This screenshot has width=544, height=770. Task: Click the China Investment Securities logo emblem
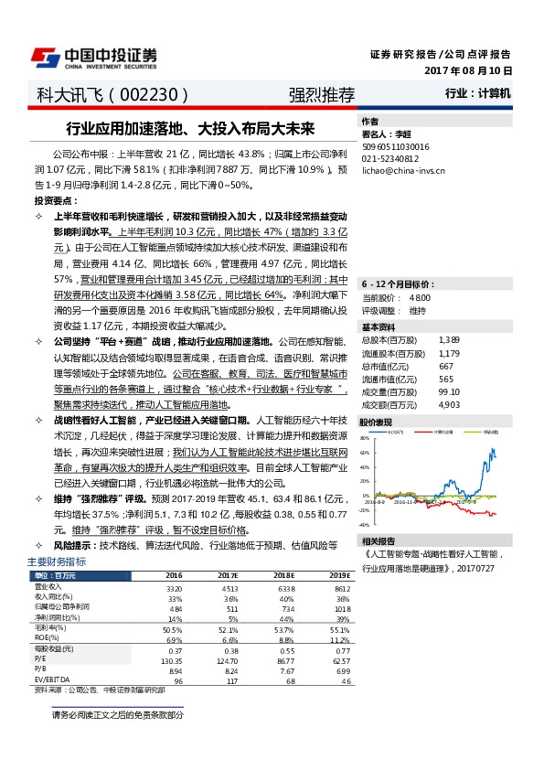[46, 57]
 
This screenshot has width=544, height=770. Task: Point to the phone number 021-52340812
[390, 157]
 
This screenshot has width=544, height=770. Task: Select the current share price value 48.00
[421, 272]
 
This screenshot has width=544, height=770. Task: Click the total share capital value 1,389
[449, 314]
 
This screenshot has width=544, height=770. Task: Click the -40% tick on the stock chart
[364, 525]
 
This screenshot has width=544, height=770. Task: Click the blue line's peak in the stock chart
[495, 448]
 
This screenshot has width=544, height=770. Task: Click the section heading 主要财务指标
[57, 561]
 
